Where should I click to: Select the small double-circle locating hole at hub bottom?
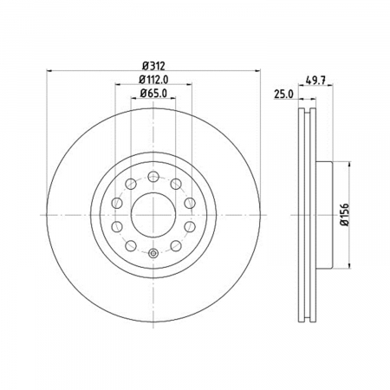[x=153, y=254]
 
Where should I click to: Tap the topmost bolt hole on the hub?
[x=153, y=176]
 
